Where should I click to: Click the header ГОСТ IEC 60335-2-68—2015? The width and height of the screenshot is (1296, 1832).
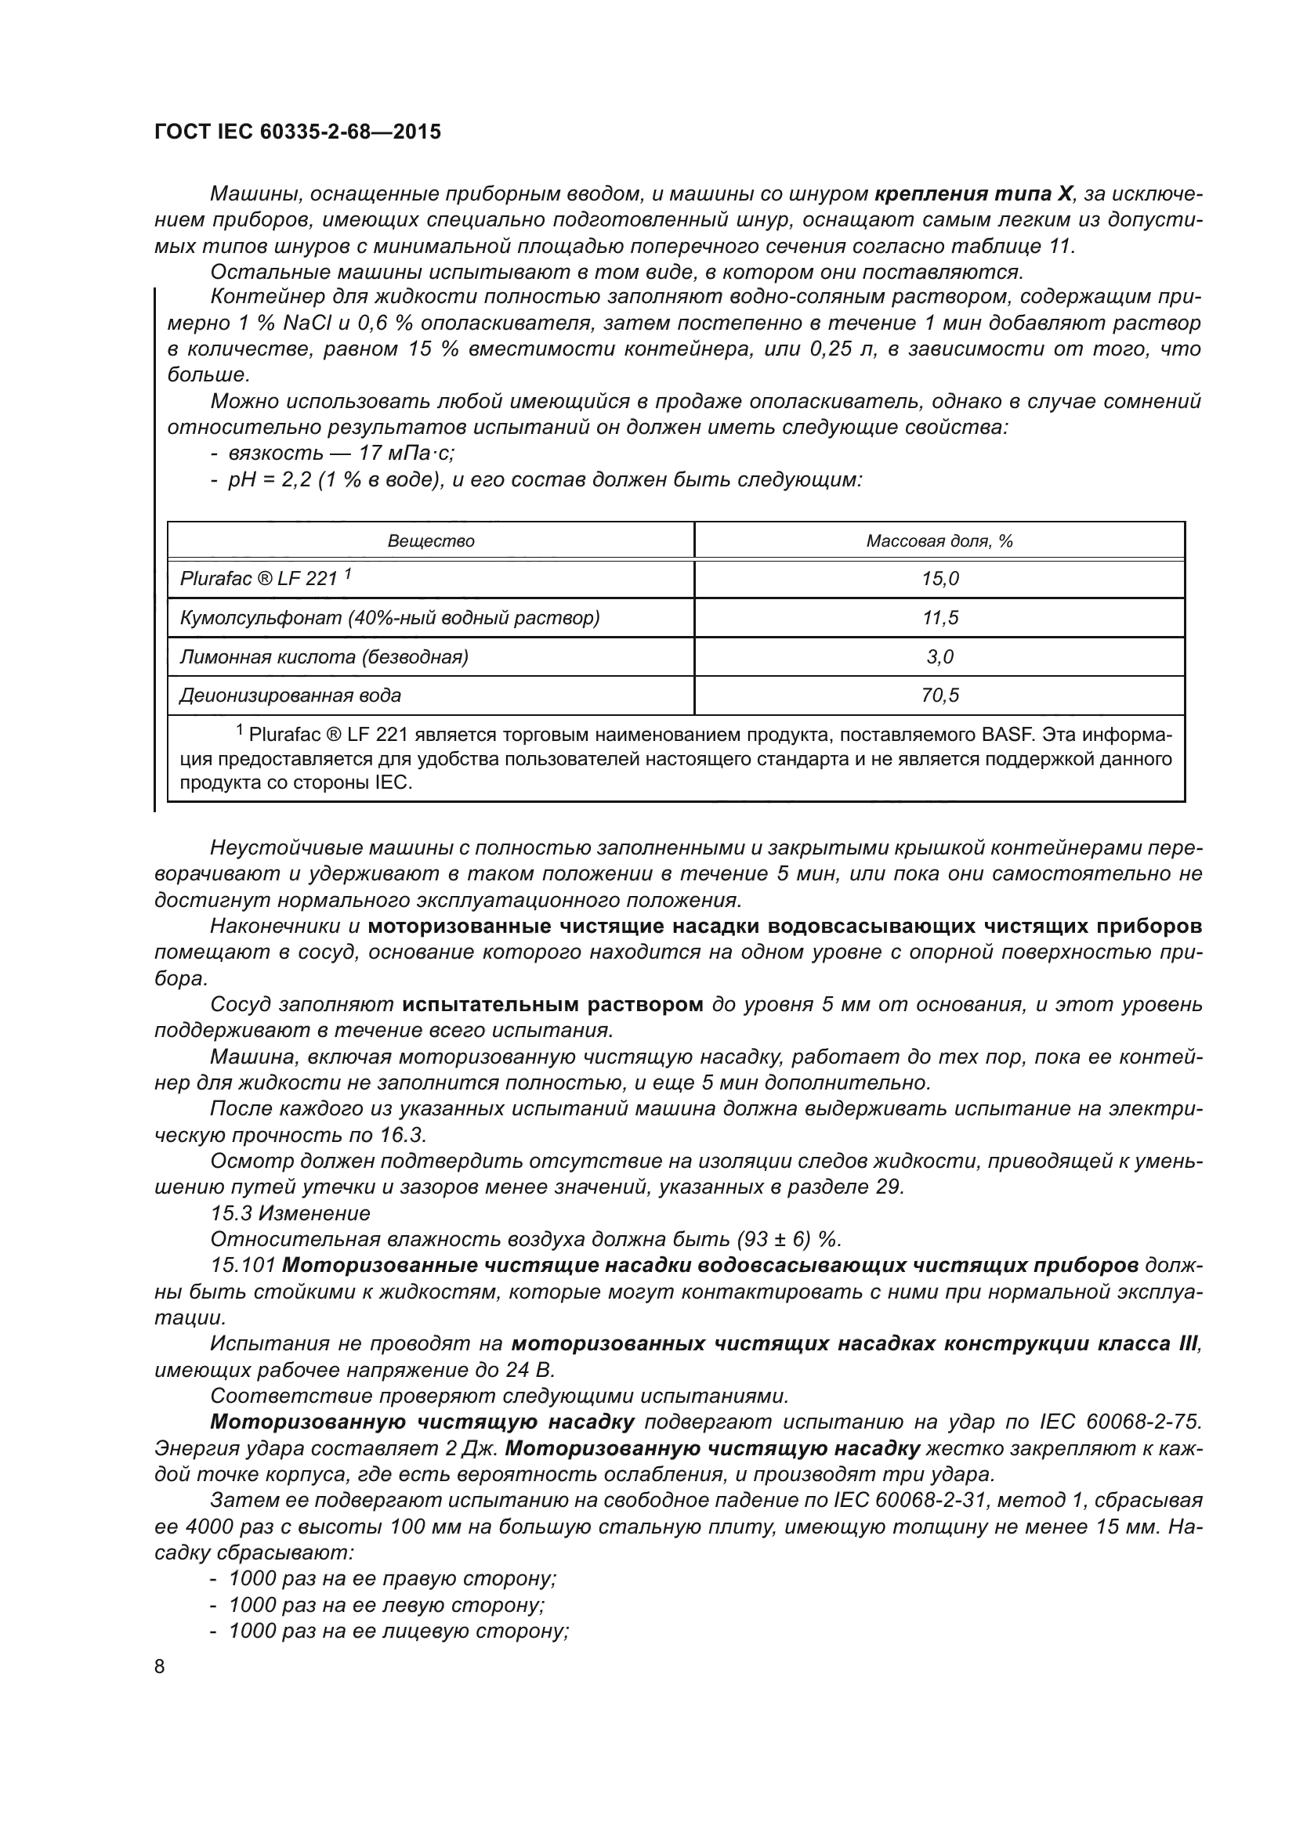tap(297, 132)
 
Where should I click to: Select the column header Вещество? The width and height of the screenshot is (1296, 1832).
tap(431, 541)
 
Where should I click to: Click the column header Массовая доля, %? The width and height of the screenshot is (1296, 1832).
tap(939, 541)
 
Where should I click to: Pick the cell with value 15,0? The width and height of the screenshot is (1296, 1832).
tap(939, 580)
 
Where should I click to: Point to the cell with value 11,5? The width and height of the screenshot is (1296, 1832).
tap(939, 617)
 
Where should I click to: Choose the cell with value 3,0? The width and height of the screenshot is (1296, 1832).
tap(939, 656)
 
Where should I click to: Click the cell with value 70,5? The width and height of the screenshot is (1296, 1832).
tap(939, 695)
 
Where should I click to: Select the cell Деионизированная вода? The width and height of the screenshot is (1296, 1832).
tap(291, 695)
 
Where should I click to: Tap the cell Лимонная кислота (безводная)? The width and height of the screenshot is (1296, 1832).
tap(324, 656)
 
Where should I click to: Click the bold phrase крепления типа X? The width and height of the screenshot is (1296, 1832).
tap(975, 194)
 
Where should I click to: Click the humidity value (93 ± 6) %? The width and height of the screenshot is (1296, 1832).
tap(788, 1240)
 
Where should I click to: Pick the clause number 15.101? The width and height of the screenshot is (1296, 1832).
tap(244, 1267)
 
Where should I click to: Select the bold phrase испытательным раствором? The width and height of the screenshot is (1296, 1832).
tap(552, 1005)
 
